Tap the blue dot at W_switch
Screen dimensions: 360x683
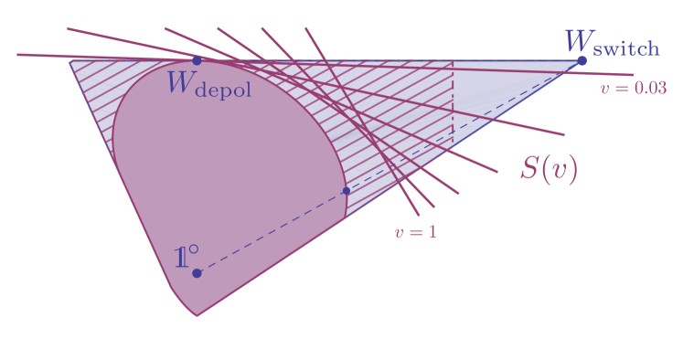(x=582, y=61)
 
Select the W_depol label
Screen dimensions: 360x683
(x=209, y=86)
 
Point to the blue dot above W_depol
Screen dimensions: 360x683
(x=197, y=60)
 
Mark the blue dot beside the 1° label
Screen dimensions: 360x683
(x=197, y=272)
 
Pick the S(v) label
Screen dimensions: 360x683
(x=549, y=169)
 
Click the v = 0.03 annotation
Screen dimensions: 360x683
(x=633, y=89)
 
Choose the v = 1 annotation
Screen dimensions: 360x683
(x=415, y=232)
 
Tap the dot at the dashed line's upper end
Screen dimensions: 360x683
(x=346, y=191)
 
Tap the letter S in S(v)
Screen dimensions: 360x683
(x=528, y=169)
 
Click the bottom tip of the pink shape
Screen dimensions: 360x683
(x=197, y=315)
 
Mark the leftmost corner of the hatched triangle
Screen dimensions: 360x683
(x=69, y=61)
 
